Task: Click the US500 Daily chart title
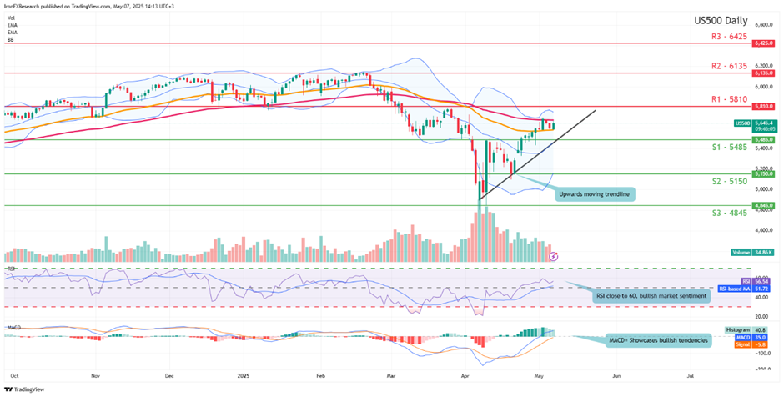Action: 721,21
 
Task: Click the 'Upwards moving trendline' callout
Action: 595,194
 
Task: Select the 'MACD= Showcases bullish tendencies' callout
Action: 656,340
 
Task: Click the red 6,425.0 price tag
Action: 765,43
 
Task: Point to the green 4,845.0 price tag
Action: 765,205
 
